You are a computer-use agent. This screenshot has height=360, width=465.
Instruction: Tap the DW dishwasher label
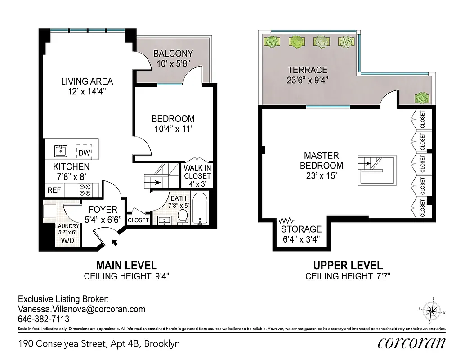point(84,153)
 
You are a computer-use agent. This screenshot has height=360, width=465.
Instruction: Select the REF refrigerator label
point(54,190)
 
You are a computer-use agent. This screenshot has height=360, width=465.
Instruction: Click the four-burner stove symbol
point(85,189)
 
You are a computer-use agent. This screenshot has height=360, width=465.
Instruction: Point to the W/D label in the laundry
point(67,241)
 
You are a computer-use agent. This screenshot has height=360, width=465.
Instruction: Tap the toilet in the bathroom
point(183,218)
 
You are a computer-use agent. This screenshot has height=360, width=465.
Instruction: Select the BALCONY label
point(173,54)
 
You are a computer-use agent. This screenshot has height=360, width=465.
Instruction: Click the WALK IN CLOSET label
point(197,172)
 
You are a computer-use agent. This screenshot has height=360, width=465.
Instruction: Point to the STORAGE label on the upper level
point(301,229)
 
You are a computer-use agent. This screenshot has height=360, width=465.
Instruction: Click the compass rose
point(433,310)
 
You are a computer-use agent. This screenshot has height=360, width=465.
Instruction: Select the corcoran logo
point(411,343)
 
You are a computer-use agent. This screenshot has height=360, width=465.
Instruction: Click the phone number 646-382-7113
point(43,319)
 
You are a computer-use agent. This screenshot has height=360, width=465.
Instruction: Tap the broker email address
point(81,309)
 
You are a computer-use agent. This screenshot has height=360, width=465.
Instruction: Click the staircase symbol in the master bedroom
point(377,170)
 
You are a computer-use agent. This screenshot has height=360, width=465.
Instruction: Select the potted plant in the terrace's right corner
point(422,97)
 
